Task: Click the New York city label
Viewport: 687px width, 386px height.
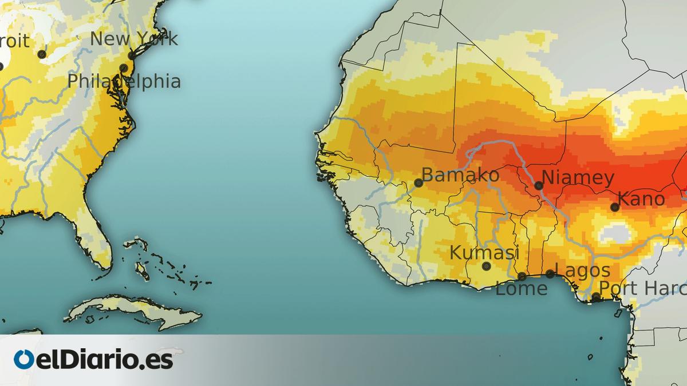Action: (x=134, y=39)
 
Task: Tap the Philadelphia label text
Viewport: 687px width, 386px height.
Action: (x=124, y=81)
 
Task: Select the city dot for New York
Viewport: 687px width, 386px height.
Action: (x=131, y=55)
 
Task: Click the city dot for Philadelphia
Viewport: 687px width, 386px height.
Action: (x=123, y=68)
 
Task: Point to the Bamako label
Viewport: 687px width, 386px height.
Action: (x=460, y=175)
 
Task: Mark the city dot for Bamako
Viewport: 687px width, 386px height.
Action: (x=418, y=183)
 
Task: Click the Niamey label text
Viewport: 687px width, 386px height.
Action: (x=578, y=178)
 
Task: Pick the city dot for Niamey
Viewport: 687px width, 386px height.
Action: (x=539, y=185)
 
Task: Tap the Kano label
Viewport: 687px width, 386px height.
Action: (x=642, y=199)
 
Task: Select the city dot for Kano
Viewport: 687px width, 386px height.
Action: (x=615, y=207)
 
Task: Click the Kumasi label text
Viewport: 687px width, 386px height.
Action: (x=484, y=252)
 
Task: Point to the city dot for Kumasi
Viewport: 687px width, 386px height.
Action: (x=487, y=266)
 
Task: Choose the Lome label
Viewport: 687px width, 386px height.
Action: (x=521, y=289)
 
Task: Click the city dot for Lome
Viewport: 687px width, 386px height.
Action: (x=522, y=276)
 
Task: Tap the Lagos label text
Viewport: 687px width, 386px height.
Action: (x=583, y=270)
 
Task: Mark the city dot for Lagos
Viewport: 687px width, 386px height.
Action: (x=550, y=274)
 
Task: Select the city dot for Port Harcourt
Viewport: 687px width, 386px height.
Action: (x=596, y=296)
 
